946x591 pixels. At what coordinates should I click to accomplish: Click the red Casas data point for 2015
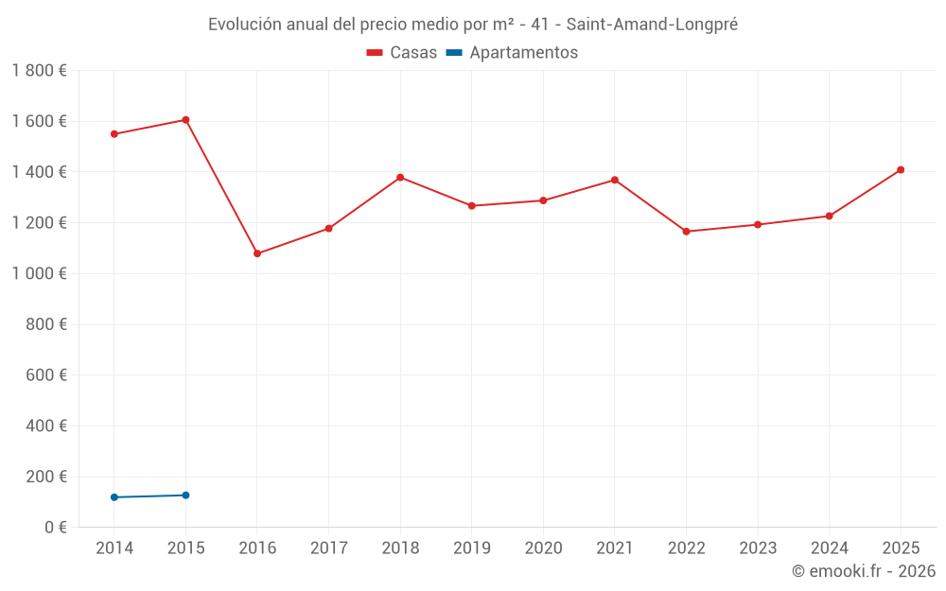click(x=185, y=120)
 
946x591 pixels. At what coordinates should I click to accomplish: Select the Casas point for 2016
click(x=257, y=253)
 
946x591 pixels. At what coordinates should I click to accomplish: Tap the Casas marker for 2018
click(x=400, y=178)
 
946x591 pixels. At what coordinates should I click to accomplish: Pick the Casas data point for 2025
click(x=901, y=170)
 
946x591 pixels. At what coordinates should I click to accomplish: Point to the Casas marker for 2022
click(x=686, y=232)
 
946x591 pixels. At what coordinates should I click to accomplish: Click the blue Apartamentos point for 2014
click(x=114, y=497)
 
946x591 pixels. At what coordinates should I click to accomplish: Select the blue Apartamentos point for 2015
click(x=185, y=495)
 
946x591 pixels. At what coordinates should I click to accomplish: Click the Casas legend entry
click(x=402, y=53)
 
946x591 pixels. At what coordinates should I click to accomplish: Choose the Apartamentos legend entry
click(x=512, y=53)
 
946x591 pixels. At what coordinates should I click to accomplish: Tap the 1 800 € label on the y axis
click(x=39, y=71)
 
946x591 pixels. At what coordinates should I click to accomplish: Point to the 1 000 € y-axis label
click(x=39, y=274)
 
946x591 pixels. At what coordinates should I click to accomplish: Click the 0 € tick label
click(x=52, y=528)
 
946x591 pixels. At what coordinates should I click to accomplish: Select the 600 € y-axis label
click(x=45, y=375)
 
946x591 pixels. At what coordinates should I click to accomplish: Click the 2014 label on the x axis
click(x=114, y=548)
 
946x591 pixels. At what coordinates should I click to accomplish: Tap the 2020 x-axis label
click(x=543, y=548)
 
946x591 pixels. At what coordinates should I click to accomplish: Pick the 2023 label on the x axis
click(x=758, y=548)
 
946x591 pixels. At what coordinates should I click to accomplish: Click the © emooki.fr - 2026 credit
click(x=863, y=571)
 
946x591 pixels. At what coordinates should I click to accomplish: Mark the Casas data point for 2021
click(x=615, y=180)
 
